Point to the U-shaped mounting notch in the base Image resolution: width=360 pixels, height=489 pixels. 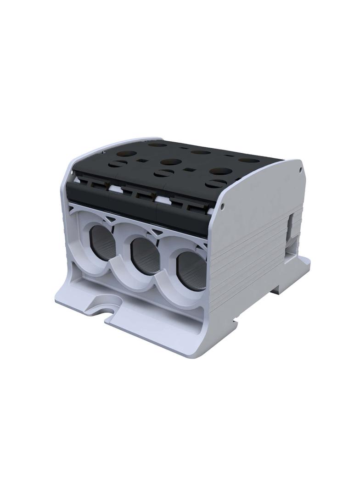click(108, 306)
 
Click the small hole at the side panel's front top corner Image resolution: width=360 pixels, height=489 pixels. click(223, 207)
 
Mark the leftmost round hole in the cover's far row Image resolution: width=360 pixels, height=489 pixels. click(157, 144)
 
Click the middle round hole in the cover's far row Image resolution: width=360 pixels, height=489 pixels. click(201, 152)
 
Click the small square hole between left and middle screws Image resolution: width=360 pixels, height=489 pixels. click(141, 161)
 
